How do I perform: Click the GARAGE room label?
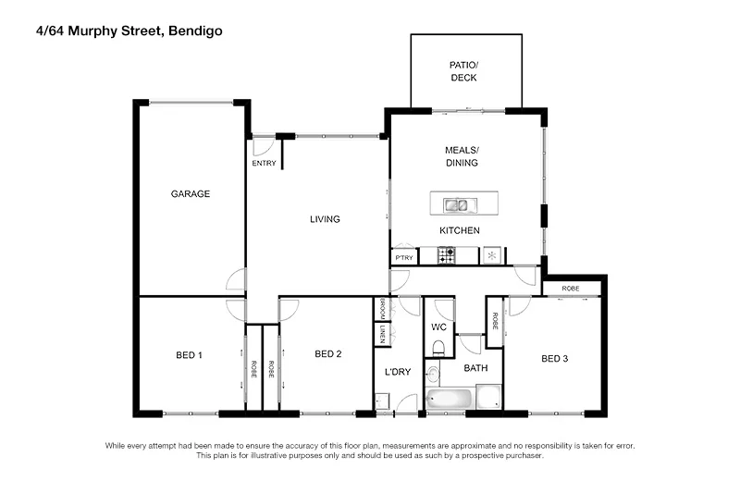(191, 194)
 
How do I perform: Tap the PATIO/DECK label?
(463, 72)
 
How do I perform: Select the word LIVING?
(325, 219)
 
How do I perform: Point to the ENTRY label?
(264, 164)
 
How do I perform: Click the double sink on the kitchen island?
(455, 204)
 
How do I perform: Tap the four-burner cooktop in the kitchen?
(446, 256)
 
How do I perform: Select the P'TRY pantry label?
(404, 257)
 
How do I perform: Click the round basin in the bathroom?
(432, 374)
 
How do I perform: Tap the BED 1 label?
(189, 354)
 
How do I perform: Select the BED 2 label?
(328, 353)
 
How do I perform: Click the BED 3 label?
(554, 359)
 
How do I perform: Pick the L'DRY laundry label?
(398, 372)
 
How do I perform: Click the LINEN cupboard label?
(380, 334)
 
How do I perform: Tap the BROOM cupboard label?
(380, 309)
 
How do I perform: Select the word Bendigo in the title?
(195, 30)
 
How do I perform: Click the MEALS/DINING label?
(462, 156)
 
